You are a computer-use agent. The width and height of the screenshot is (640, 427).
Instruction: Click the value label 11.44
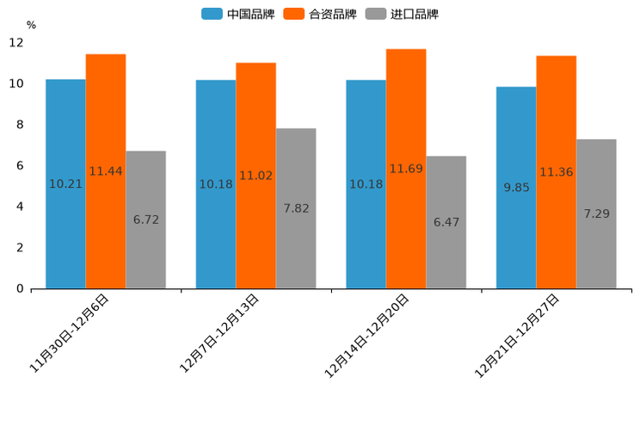106,171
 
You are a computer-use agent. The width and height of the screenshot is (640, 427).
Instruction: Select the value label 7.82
296,208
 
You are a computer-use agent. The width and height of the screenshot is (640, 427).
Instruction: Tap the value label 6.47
446,222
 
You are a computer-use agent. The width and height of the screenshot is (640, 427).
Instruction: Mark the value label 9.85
516,187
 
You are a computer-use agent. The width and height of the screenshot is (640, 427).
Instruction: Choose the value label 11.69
406,169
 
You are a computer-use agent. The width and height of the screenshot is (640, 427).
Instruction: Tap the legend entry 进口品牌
403,14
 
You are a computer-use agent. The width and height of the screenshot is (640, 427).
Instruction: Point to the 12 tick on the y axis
16,42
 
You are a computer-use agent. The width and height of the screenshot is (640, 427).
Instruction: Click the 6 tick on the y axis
20,165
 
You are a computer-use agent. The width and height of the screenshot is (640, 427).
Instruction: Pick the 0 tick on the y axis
20,288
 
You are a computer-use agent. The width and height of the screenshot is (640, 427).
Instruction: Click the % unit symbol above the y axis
31,25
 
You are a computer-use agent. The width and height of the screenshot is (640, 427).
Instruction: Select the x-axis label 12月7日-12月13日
219,333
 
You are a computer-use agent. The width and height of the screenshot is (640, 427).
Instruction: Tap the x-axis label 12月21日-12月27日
518,336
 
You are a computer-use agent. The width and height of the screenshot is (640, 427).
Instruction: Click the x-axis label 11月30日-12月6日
70,333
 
